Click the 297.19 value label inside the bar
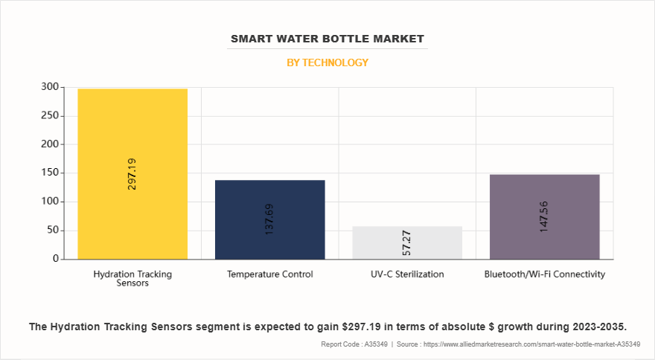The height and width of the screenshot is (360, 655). [x=132, y=173]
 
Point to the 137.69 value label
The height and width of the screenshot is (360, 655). [x=269, y=219]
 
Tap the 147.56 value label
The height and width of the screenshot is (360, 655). [x=544, y=216]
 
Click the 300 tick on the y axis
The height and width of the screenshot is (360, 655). [x=48, y=87]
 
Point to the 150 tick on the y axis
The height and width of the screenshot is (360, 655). [x=48, y=173]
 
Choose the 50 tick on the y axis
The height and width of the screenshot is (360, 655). [x=51, y=231]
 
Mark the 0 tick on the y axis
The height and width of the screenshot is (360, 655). [x=54, y=259]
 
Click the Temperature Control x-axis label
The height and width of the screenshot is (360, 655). [x=269, y=274]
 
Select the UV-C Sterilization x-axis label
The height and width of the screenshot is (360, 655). [x=407, y=274]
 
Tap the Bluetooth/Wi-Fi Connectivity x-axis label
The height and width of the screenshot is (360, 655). [x=544, y=274]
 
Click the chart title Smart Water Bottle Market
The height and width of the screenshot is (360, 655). [x=327, y=39]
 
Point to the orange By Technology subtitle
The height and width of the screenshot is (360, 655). [x=327, y=62]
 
